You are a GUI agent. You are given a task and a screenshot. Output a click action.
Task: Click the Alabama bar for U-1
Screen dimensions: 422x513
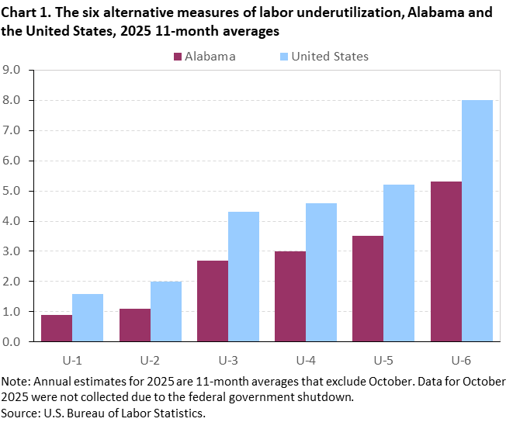pyautogui.click(x=57, y=327)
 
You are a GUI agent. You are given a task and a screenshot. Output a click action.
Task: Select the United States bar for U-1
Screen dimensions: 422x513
pyautogui.click(x=88, y=317)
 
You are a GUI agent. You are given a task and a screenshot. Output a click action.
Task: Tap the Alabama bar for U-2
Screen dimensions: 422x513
pyautogui.click(x=135, y=324)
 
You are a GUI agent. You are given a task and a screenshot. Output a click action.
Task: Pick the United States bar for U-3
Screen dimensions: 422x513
pyautogui.click(x=244, y=276)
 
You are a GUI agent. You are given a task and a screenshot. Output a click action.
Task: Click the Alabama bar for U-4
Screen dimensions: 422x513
pyautogui.click(x=290, y=296)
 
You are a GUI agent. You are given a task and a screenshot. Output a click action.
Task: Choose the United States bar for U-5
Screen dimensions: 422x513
pyautogui.click(x=399, y=263)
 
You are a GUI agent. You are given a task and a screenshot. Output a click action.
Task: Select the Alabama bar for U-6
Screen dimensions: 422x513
pyautogui.click(x=446, y=261)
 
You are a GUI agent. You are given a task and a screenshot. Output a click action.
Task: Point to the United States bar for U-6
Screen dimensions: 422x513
pyautogui.click(x=477, y=220)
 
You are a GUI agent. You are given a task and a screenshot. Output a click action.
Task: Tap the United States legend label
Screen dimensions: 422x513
pyautogui.click(x=329, y=56)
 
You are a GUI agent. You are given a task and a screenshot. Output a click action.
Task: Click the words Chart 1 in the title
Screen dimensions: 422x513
pyautogui.click(x=25, y=13)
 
